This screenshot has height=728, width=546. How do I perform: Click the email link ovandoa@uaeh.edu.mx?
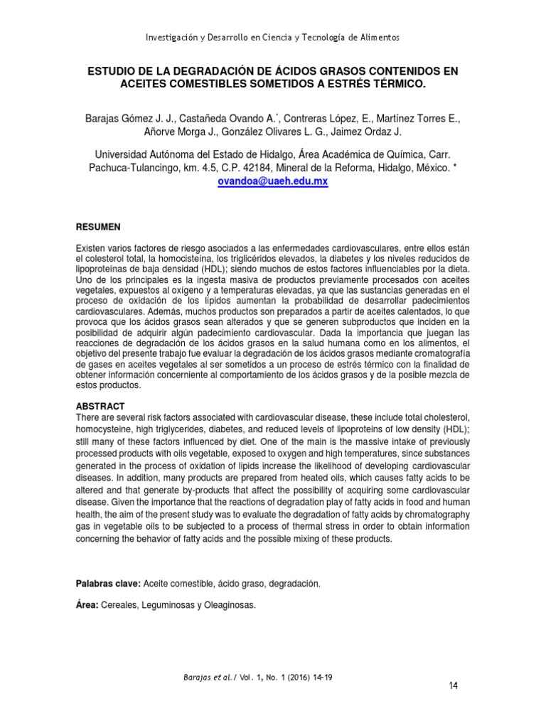click(x=273, y=181)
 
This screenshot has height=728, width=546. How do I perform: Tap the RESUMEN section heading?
click(x=98, y=227)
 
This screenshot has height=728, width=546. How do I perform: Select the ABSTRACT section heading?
click(x=100, y=406)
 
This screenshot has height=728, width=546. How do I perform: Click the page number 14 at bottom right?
click(x=453, y=685)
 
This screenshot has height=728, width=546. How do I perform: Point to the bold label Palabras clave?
click(x=108, y=583)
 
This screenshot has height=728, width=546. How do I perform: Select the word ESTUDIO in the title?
click(x=112, y=72)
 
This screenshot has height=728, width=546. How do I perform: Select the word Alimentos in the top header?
click(x=380, y=37)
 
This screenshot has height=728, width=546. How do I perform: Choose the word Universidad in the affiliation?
click(x=124, y=154)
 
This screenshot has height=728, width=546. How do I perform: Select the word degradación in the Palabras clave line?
click(x=297, y=583)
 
